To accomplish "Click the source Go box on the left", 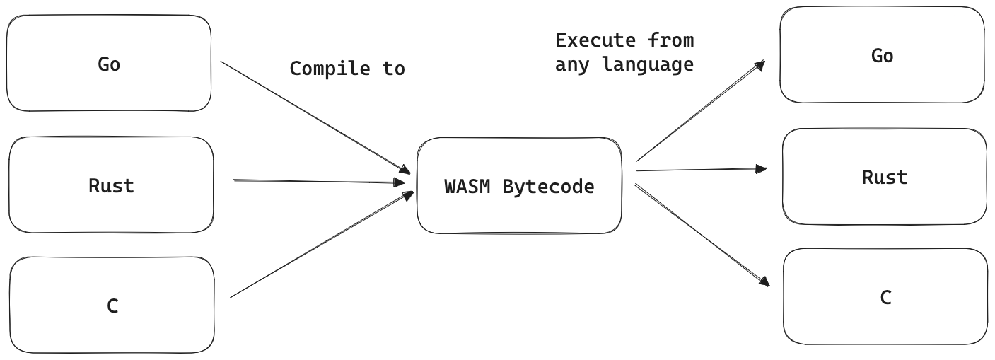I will point(109,64).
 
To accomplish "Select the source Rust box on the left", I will point(111,185).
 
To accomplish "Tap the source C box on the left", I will point(112,306).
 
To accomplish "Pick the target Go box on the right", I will point(882,55).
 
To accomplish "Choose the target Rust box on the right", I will point(884,177).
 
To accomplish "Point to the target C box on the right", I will point(885,298).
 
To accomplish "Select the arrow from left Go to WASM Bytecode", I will point(315,117).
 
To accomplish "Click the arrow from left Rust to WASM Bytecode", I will point(318,182).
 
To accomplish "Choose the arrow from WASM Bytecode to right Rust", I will point(700,170).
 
